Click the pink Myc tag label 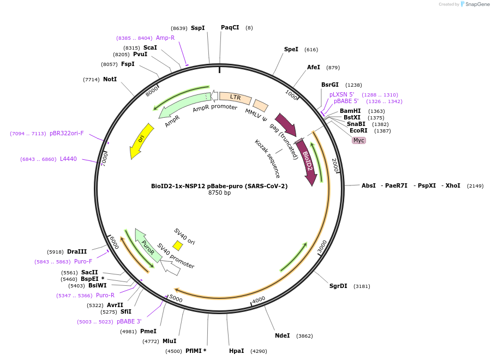(359, 140)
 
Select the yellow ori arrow (141, 140)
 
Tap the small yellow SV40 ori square (178, 245)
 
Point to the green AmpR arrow (182, 104)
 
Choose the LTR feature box (235, 98)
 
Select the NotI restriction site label (110, 79)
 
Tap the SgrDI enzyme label (338, 286)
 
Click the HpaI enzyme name (237, 351)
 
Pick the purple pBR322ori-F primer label (67, 133)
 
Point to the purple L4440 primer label (68, 159)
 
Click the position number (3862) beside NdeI (304, 336)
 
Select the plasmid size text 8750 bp (219, 193)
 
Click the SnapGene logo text (477, 4)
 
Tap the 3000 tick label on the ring (322, 247)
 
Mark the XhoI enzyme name (453, 185)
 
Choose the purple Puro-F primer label (83, 261)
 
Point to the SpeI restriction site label (291, 49)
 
